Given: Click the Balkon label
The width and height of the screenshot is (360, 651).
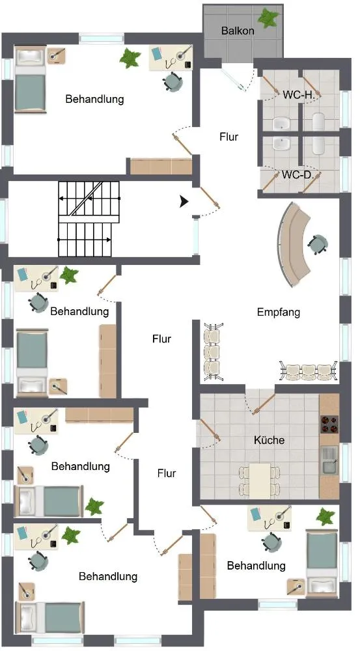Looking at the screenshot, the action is (x=238, y=31).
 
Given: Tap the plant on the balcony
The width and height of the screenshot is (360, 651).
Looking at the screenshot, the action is (x=268, y=18).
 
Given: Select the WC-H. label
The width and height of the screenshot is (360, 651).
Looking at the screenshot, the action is (x=299, y=94).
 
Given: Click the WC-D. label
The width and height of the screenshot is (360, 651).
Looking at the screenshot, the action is (x=298, y=174).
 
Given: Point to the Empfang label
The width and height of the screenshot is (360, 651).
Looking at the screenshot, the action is (x=279, y=312).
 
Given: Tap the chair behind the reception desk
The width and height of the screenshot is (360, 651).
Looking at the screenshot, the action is (x=318, y=244).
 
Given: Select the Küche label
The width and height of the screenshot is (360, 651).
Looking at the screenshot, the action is (x=269, y=440).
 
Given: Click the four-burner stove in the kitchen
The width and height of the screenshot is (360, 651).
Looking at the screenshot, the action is (x=329, y=424).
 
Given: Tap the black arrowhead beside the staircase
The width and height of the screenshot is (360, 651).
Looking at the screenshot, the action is (x=184, y=202).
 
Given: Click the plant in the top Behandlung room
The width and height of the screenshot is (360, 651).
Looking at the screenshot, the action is (x=130, y=58).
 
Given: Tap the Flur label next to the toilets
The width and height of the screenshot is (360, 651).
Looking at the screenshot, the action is (x=228, y=137).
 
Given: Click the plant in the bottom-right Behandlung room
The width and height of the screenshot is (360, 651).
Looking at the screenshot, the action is (x=325, y=516).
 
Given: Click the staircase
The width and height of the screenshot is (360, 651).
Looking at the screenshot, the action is (x=89, y=219).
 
